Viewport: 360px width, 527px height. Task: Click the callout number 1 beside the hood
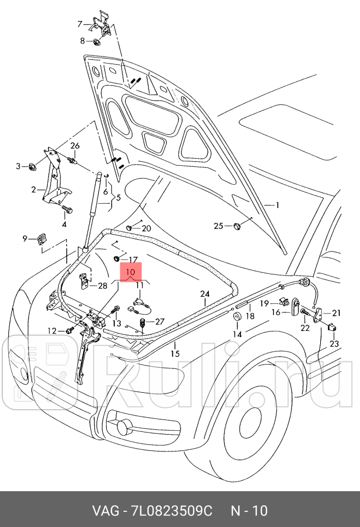(277, 205)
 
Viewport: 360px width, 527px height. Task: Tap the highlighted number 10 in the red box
(131, 272)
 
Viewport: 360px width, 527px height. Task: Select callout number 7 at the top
(80, 24)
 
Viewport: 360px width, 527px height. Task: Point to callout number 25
(219, 225)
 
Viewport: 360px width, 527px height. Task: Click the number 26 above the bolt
(75, 146)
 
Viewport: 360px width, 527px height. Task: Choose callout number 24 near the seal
(204, 294)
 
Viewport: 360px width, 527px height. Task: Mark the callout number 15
(175, 353)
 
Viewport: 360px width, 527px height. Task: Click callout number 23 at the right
(333, 343)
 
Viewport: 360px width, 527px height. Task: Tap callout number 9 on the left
(24, 238)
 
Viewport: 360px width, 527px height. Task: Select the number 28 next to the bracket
(103, 285)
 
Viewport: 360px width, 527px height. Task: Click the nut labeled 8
(96, 42)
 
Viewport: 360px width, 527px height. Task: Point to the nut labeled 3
(32, 166)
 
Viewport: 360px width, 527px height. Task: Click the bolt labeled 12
(70, 330)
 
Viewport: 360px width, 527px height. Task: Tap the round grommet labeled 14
(237, 318)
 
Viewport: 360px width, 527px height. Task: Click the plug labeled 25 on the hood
(237, 225)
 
